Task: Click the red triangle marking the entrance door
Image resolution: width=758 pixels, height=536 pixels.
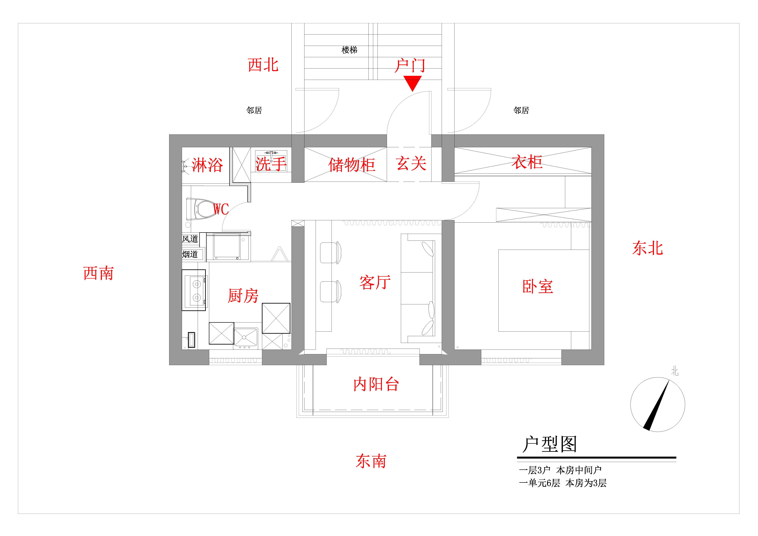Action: (x=412, y=82)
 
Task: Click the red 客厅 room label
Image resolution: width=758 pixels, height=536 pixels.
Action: (x=375, y=282)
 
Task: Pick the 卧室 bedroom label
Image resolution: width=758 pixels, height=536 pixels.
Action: (x=537, y=287)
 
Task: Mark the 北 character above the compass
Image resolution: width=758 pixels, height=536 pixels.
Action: (x=675, y=372)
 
